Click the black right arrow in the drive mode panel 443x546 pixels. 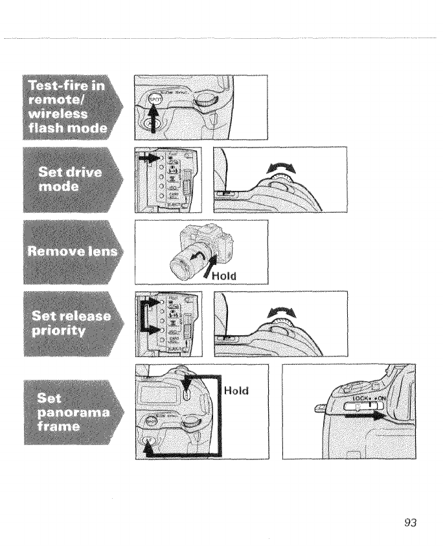(146, 158)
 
